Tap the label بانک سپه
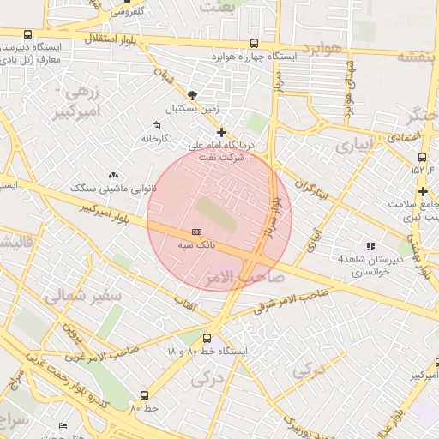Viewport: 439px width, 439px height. (196, 245)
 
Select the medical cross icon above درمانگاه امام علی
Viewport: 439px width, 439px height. (222, 132)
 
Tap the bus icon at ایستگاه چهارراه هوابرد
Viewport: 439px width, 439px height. (253, 43)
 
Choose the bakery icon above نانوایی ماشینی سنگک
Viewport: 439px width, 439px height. (114, 176)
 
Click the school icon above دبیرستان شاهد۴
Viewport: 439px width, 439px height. (370, 246)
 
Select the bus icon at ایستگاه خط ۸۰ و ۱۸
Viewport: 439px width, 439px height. (206, 340)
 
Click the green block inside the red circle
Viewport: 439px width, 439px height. (213, 213)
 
